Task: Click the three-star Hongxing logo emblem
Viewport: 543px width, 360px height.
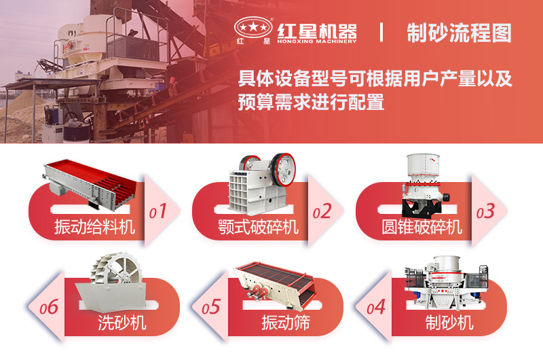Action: (x=252, y=27)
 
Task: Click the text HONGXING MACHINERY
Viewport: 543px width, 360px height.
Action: (x=316, y=41)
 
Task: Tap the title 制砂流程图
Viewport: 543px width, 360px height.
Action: (x=459, y=32)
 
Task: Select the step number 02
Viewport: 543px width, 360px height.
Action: (x=322, y=211)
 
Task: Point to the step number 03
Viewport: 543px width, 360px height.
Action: (x=485, y=211)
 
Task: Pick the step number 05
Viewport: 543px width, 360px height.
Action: (x=211, y=307)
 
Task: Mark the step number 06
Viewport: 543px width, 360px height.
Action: (x=48, y=307)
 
